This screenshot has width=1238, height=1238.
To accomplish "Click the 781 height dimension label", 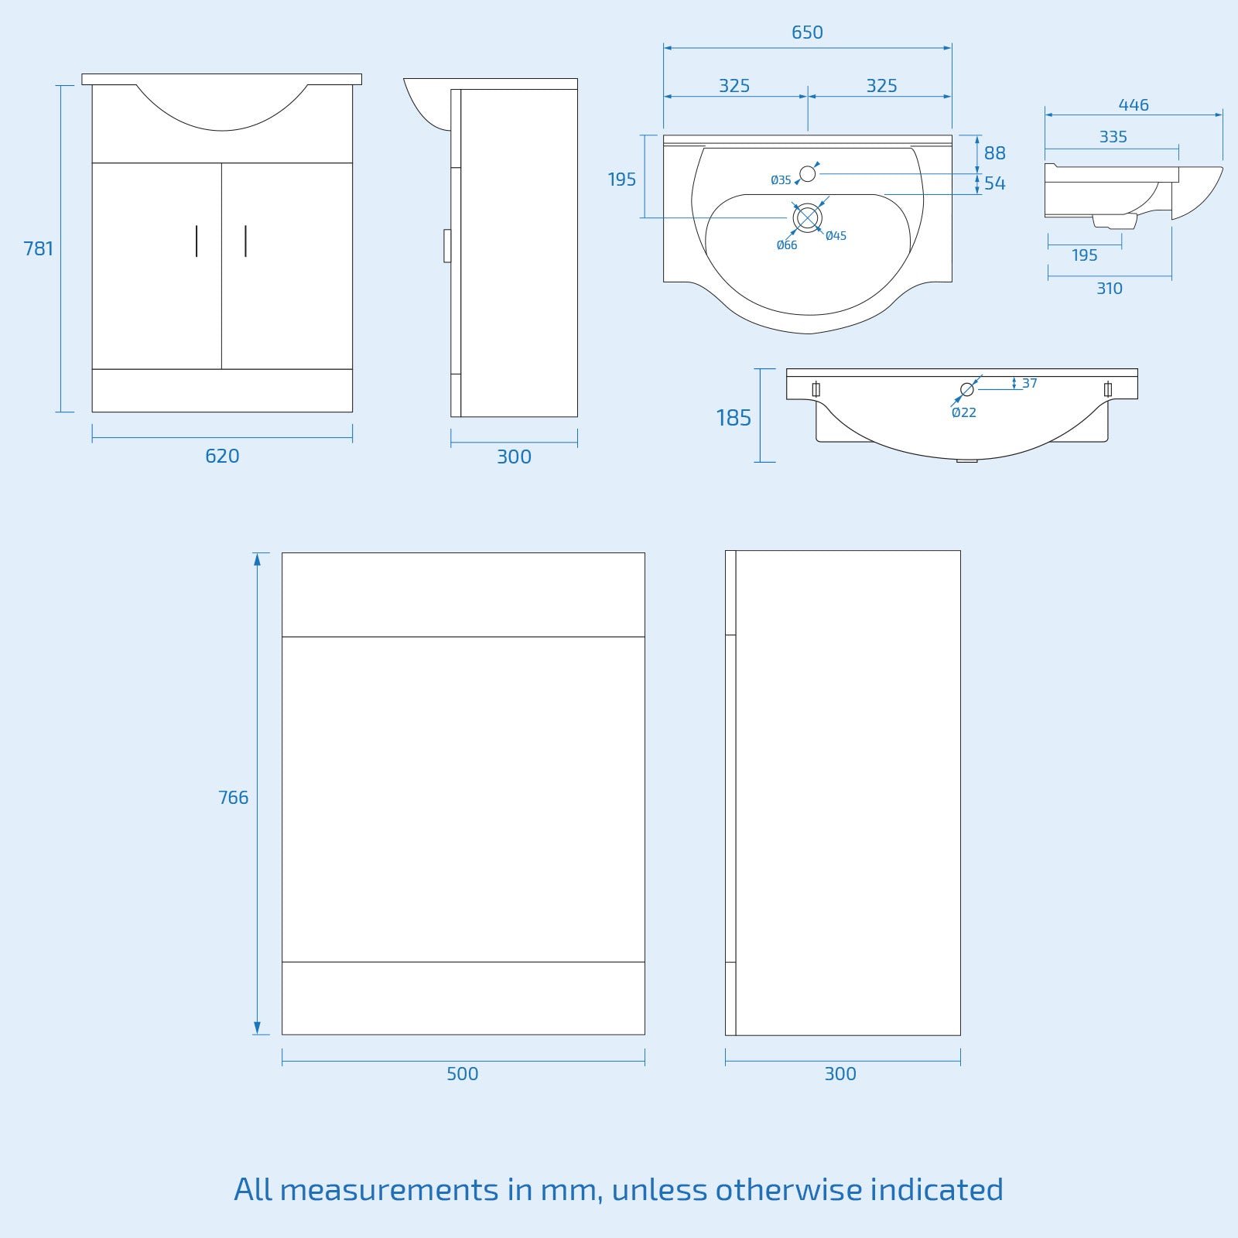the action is pos(39,248).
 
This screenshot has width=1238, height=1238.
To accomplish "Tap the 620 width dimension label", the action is pos(222,456).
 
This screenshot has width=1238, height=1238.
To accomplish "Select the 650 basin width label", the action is pos(807,32).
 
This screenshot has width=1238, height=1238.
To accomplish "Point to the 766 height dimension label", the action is pos(234,797).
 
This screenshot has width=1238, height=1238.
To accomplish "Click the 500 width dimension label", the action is pos(463,1073).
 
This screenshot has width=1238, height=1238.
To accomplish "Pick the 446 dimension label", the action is pos(1134,104).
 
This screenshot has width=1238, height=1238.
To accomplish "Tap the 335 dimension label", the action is pos(1113,137).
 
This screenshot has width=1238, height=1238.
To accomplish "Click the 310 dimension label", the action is pos(1110,288).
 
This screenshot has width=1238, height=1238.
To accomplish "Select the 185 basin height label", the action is pos(734,418).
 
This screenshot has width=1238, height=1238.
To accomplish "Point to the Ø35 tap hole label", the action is pos(781,180).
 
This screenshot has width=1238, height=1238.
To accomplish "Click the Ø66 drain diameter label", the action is pos(787,245).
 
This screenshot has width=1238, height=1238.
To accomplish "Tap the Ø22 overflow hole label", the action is pos(964,412).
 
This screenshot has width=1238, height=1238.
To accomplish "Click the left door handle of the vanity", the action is pos(197,241).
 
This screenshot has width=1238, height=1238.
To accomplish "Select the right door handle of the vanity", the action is pos(245,241).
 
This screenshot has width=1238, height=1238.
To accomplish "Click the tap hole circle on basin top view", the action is pos(807,173).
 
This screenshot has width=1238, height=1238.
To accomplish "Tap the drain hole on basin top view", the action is pos(807,218).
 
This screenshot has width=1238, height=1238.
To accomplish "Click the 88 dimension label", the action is pos(995,153).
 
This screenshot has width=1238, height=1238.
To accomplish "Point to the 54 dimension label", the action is pos(995,183).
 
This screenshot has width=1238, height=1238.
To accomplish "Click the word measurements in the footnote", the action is pos(389,1189).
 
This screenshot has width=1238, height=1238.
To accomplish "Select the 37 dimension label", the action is pos(1029,383).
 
